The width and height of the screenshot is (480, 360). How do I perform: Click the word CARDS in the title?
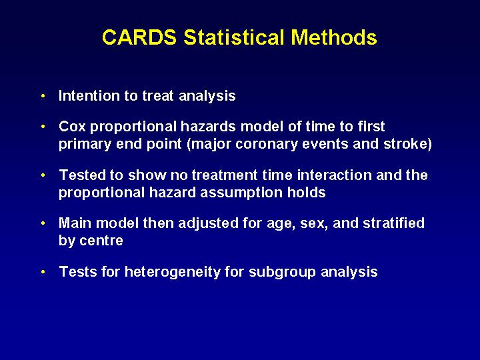(x=139, y=37)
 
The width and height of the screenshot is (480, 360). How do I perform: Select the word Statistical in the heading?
(x=233, y=37)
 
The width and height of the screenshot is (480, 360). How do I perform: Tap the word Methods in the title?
(x=334, y=37)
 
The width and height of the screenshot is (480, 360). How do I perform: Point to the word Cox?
(x=72, y=127)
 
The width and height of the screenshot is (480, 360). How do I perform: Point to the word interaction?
(x=334, y=175)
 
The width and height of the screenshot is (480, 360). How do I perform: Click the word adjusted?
(x=208, y=223)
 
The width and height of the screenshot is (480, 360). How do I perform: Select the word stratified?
(x=394, y=223)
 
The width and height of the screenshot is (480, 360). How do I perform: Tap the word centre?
(x=101, y=241)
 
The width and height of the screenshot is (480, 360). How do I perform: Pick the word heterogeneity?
(x=173, y=272)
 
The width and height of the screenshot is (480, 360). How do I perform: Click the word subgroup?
(x=282, y=272)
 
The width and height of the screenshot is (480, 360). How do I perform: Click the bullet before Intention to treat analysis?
(x=43, y=96)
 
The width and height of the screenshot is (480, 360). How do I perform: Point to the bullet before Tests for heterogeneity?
(x=43, y=272)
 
